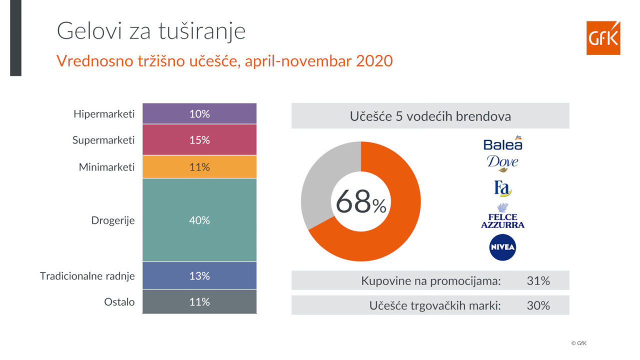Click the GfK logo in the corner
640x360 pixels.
coord(603,37)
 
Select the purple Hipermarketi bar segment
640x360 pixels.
coord(199,113)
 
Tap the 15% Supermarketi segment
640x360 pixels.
coord(199,139)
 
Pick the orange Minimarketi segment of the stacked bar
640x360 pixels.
coord(199,166)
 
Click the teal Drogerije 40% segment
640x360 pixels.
coord(199,220)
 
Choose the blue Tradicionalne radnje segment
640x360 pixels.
coord(199,275)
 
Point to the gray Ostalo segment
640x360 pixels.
coord(199,301)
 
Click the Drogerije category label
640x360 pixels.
coord(113,220)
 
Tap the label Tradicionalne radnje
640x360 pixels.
coord(87,276)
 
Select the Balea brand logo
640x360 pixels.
coord(503,143)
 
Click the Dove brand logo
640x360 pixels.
coord(502,163)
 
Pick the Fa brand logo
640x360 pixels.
coord(502,188)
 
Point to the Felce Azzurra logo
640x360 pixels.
coord(502,215)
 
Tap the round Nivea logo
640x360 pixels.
coord(502,247)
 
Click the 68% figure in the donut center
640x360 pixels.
coord(361,201)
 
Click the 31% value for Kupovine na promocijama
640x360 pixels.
coord(538,281)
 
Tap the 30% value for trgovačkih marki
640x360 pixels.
coord(538,305)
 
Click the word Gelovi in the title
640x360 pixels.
coord(89,31)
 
